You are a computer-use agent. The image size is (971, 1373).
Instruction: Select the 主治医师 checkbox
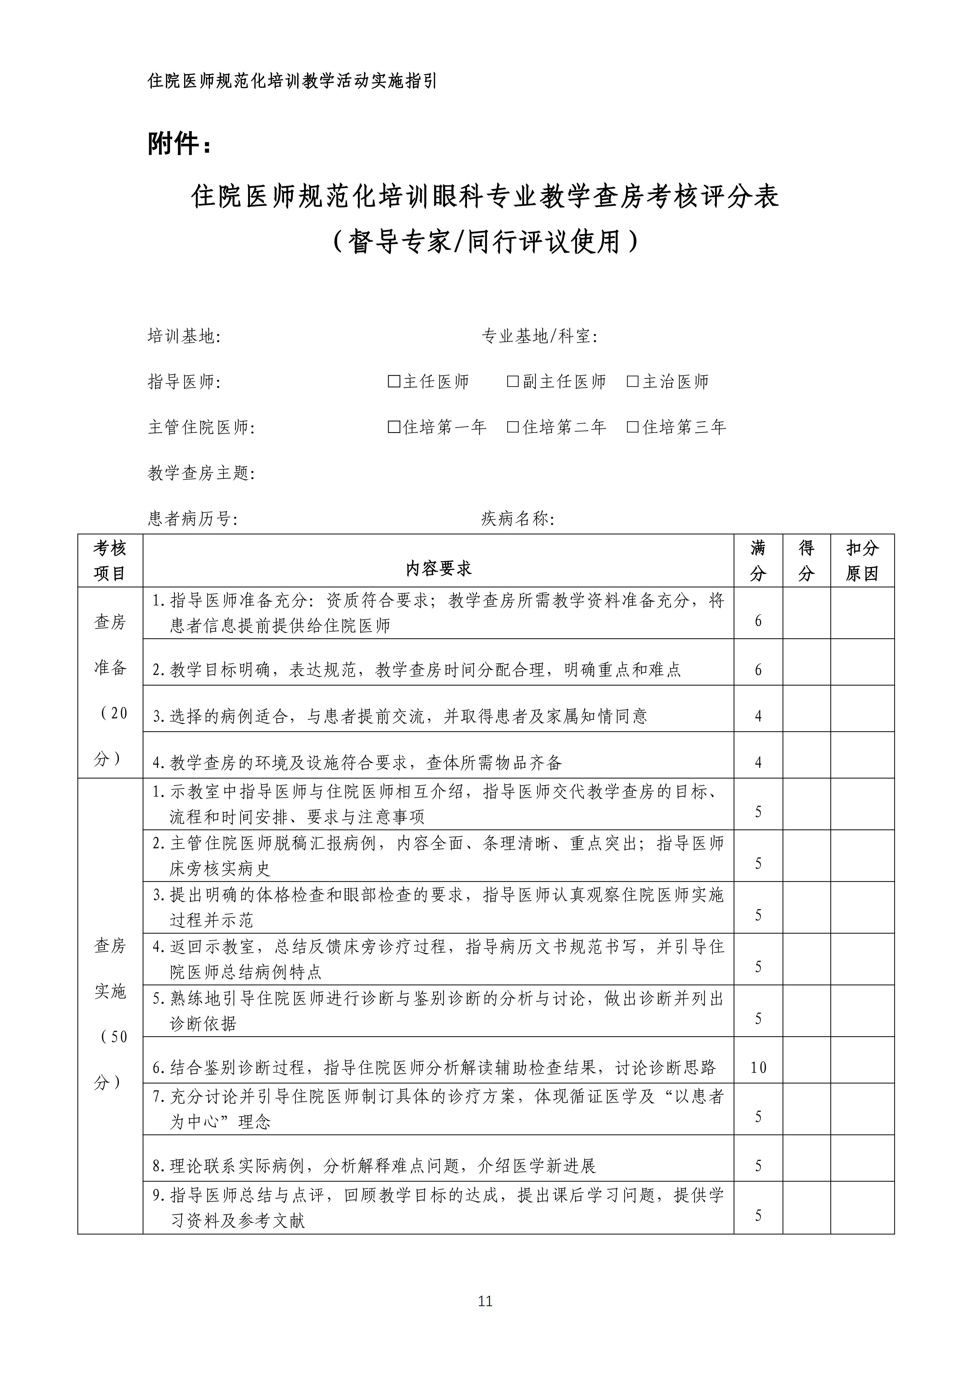(x=632, y=382)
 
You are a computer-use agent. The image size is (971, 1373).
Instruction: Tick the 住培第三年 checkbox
(x=632, y=427)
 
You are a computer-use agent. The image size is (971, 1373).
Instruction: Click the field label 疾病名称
(x=518, y=518)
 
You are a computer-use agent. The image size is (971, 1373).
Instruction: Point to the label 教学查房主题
(x=201, y=473)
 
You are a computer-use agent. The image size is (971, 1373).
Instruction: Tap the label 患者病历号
(x=193, y=518)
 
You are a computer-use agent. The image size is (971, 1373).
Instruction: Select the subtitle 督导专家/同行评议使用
(x=485, y=242)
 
